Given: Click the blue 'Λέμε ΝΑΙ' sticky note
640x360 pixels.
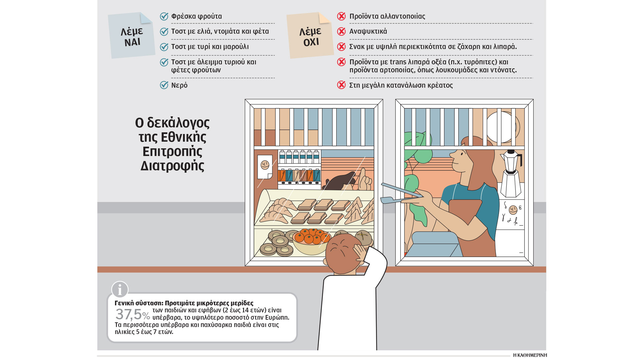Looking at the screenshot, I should click(132, 36).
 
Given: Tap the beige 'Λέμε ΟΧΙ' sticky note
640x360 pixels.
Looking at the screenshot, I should click(310, 36).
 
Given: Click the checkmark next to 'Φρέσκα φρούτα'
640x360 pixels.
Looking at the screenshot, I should click(164, 16).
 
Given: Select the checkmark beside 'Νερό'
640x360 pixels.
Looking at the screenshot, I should click(164, 85).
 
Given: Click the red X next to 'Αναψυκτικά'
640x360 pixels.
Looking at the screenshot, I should click(341, 31).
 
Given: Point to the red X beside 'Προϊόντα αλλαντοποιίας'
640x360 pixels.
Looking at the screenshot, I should click(341, 16).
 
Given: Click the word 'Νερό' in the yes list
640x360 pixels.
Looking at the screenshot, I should click(179, 85).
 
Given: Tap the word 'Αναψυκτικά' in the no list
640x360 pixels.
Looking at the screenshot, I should click(368, 31).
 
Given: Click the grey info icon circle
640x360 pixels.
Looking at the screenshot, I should click(120, 289).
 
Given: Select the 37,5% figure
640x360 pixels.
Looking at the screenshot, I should click(132, 314).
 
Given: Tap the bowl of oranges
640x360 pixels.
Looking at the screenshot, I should click(311, 241).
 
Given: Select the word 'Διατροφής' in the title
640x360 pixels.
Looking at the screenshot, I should click(172, 166).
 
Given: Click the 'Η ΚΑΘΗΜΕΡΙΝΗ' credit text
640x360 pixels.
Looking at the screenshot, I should click(530, 355).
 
